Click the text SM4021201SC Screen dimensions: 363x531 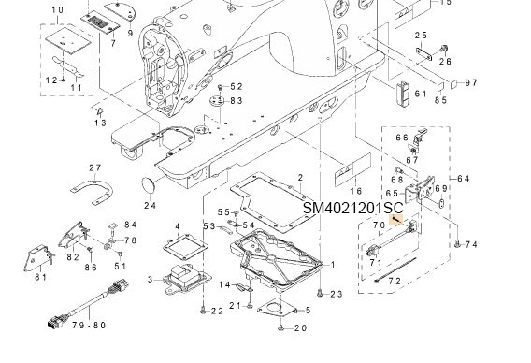[x=353, y=208]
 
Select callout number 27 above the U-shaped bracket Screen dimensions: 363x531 [x=93, y=168]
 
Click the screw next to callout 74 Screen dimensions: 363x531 [x=455, y=243]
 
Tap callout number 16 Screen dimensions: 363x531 [x=355, y=190]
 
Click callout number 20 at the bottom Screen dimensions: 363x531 [x=300, y=328]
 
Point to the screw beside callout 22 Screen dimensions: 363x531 [x=201, y=311]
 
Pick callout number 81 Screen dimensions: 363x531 [x=40, y=277]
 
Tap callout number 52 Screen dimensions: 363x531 [x=236, y=87]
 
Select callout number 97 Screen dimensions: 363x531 [x=470, y=83]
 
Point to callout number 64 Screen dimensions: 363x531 [x=465, y=178]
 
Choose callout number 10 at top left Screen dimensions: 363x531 [x=57, y=10]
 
